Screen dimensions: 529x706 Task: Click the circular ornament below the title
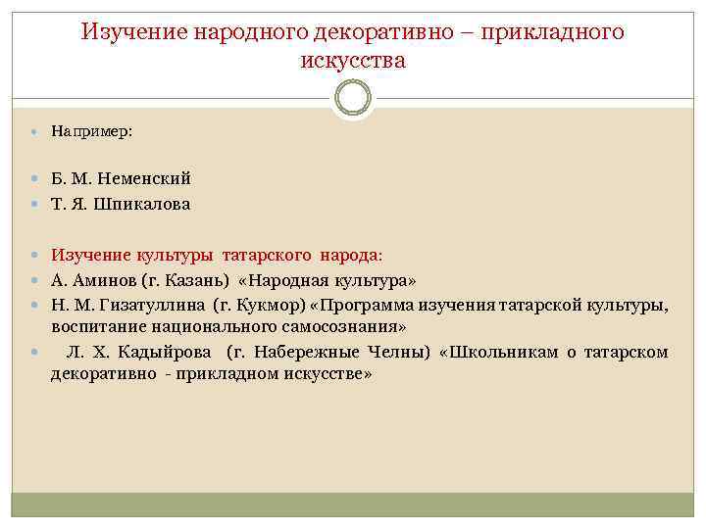click(x=353, y=97)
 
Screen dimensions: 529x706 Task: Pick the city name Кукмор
click(x=270, y=306)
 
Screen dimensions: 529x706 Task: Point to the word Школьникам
click(x=504, y=352)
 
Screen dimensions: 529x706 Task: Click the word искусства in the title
click(x=353, y=61)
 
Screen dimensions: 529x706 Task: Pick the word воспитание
click(x=99, y=326)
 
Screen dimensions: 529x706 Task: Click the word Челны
click(x=402, y=352)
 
